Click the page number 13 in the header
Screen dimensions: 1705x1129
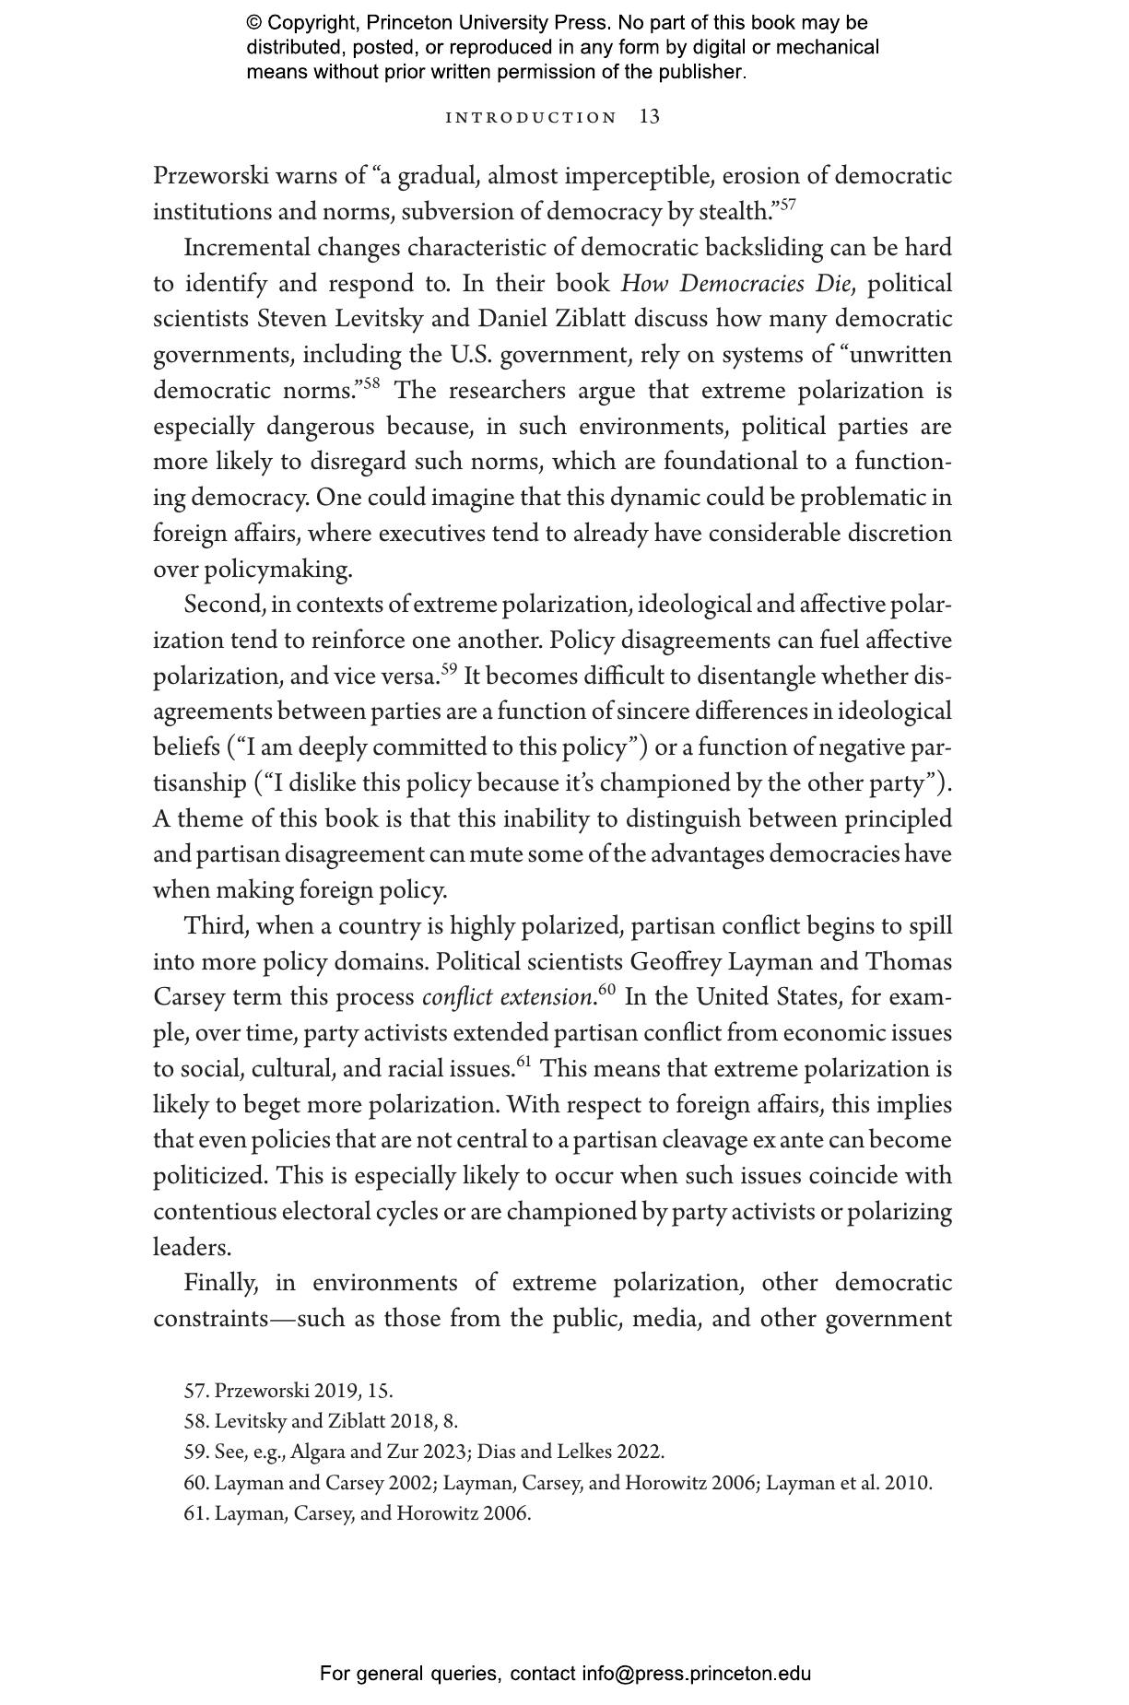click(650, 117)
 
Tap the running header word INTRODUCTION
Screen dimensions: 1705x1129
click(531, 118)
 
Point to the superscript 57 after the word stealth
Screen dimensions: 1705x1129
click(788, 204)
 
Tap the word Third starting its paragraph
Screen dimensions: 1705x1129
click(213, 926)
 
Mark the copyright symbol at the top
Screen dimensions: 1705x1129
click(254, 23)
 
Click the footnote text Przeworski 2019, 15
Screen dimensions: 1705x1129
click(303, 1391)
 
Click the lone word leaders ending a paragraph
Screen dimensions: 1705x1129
click(191, 1248)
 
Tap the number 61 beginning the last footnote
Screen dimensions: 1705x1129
click(195, 1513)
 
